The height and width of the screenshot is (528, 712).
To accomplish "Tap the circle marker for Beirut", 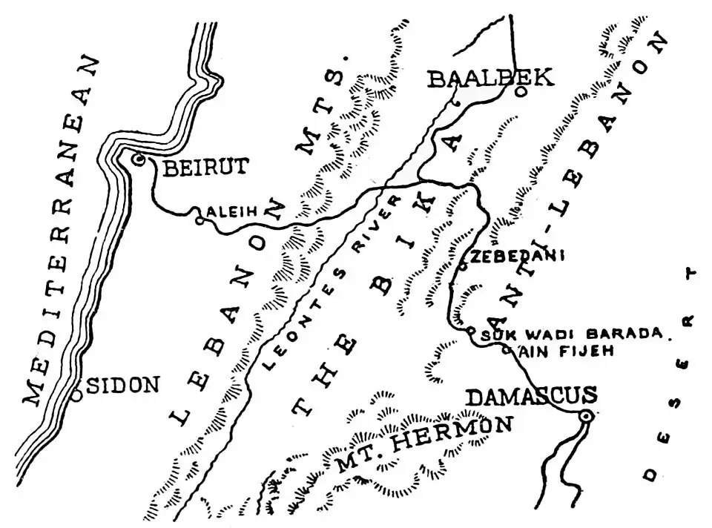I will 137,159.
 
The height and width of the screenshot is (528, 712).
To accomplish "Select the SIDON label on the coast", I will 124,385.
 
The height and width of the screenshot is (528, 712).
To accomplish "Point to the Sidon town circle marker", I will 77,395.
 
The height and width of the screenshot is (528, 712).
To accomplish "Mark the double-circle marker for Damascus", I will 586,418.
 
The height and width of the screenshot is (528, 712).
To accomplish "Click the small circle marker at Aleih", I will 199,220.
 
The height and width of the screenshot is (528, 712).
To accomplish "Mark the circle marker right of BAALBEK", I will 521,91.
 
